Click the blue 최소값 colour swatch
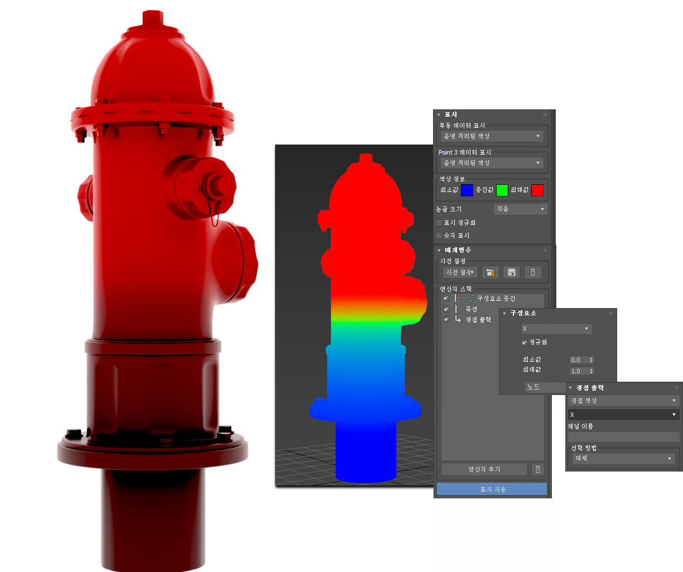[467, 190]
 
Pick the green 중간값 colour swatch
[502, 190]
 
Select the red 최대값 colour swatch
[537, 190]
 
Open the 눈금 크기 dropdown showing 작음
[520, 209]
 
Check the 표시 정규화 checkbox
[439, 223]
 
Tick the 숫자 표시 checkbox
[439, 235]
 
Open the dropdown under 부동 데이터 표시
[492, 136]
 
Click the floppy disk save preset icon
[512, 272]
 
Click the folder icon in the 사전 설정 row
[490, 272]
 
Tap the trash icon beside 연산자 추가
[538, 469]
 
